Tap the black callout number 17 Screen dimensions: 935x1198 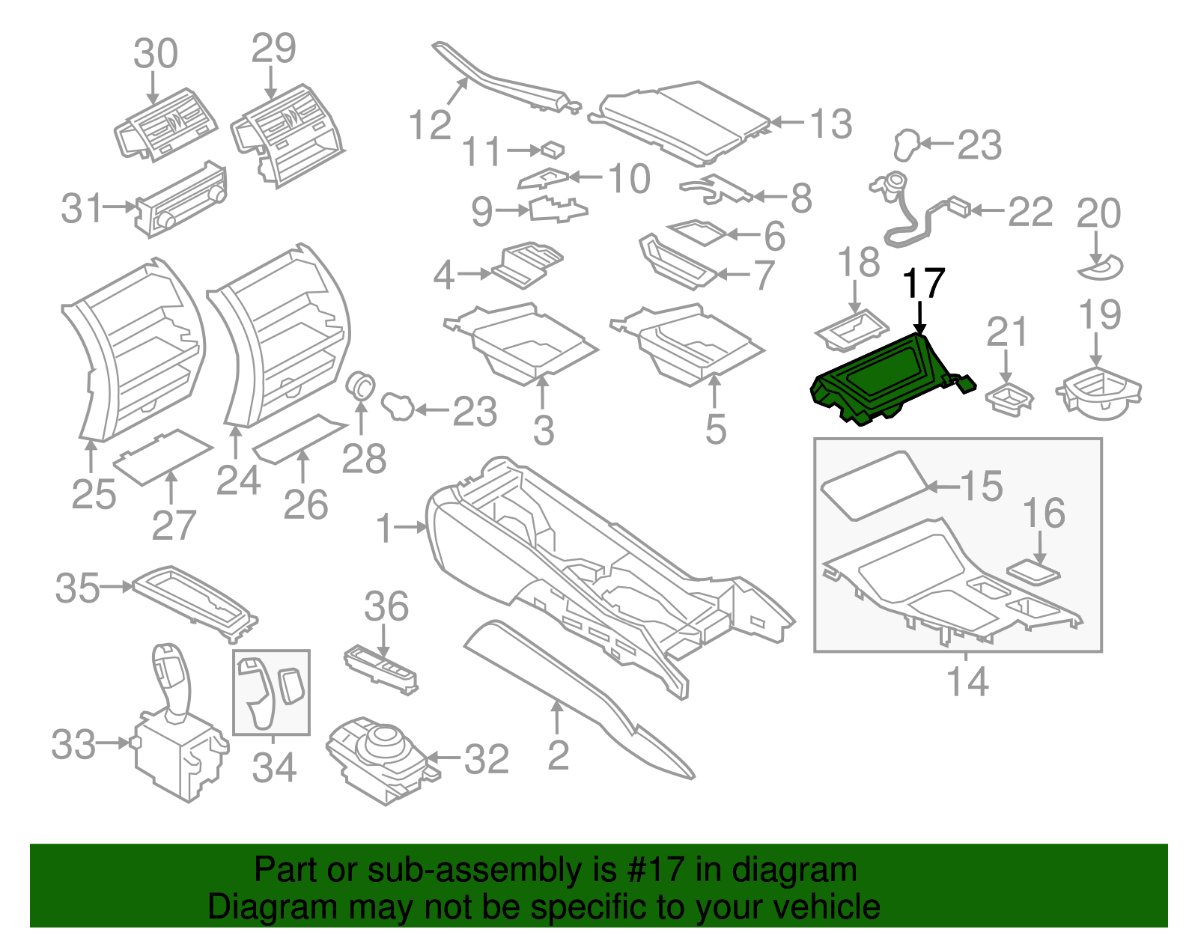[923, 284]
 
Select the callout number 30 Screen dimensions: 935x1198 [156, 54]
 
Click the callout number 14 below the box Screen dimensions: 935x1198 [967, 681]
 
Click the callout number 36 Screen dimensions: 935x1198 [386, 606]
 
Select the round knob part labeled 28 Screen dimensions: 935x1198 [362, 386]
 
